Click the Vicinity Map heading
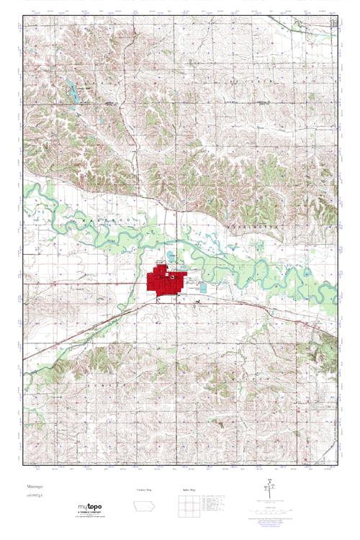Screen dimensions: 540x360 pos(145,489)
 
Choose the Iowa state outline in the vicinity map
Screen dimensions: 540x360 pos(144,505)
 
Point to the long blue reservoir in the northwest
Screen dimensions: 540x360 pos(73,90)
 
